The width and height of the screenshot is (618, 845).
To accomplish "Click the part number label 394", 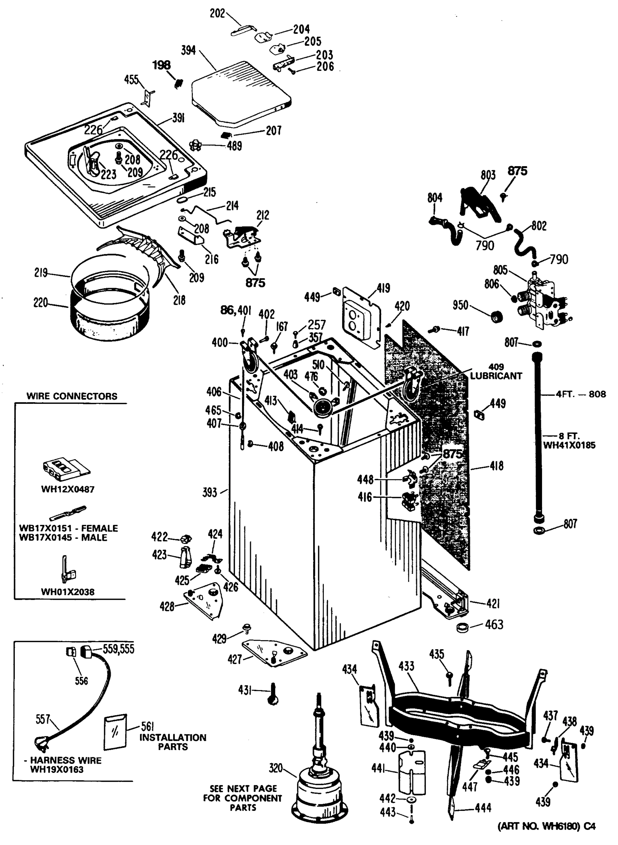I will coord(188,50).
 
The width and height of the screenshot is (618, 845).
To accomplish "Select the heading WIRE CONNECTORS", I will coord(72,396).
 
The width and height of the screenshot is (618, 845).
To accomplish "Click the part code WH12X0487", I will coord(68,489).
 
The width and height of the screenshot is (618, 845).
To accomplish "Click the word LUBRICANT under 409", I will coord(496,376).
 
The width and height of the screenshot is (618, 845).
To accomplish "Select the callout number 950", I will coord(460,305).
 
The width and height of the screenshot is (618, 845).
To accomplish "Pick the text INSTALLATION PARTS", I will coord(173,742).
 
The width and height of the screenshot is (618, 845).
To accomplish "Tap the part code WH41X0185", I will coord(569,445).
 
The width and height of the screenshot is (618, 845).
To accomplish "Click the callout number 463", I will coord(494,625).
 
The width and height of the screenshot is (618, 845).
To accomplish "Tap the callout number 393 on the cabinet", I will coord(209,492).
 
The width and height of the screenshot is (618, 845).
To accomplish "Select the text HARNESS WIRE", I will coord(65,760).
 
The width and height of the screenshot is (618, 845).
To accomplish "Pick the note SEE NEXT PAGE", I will coord(243,789).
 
